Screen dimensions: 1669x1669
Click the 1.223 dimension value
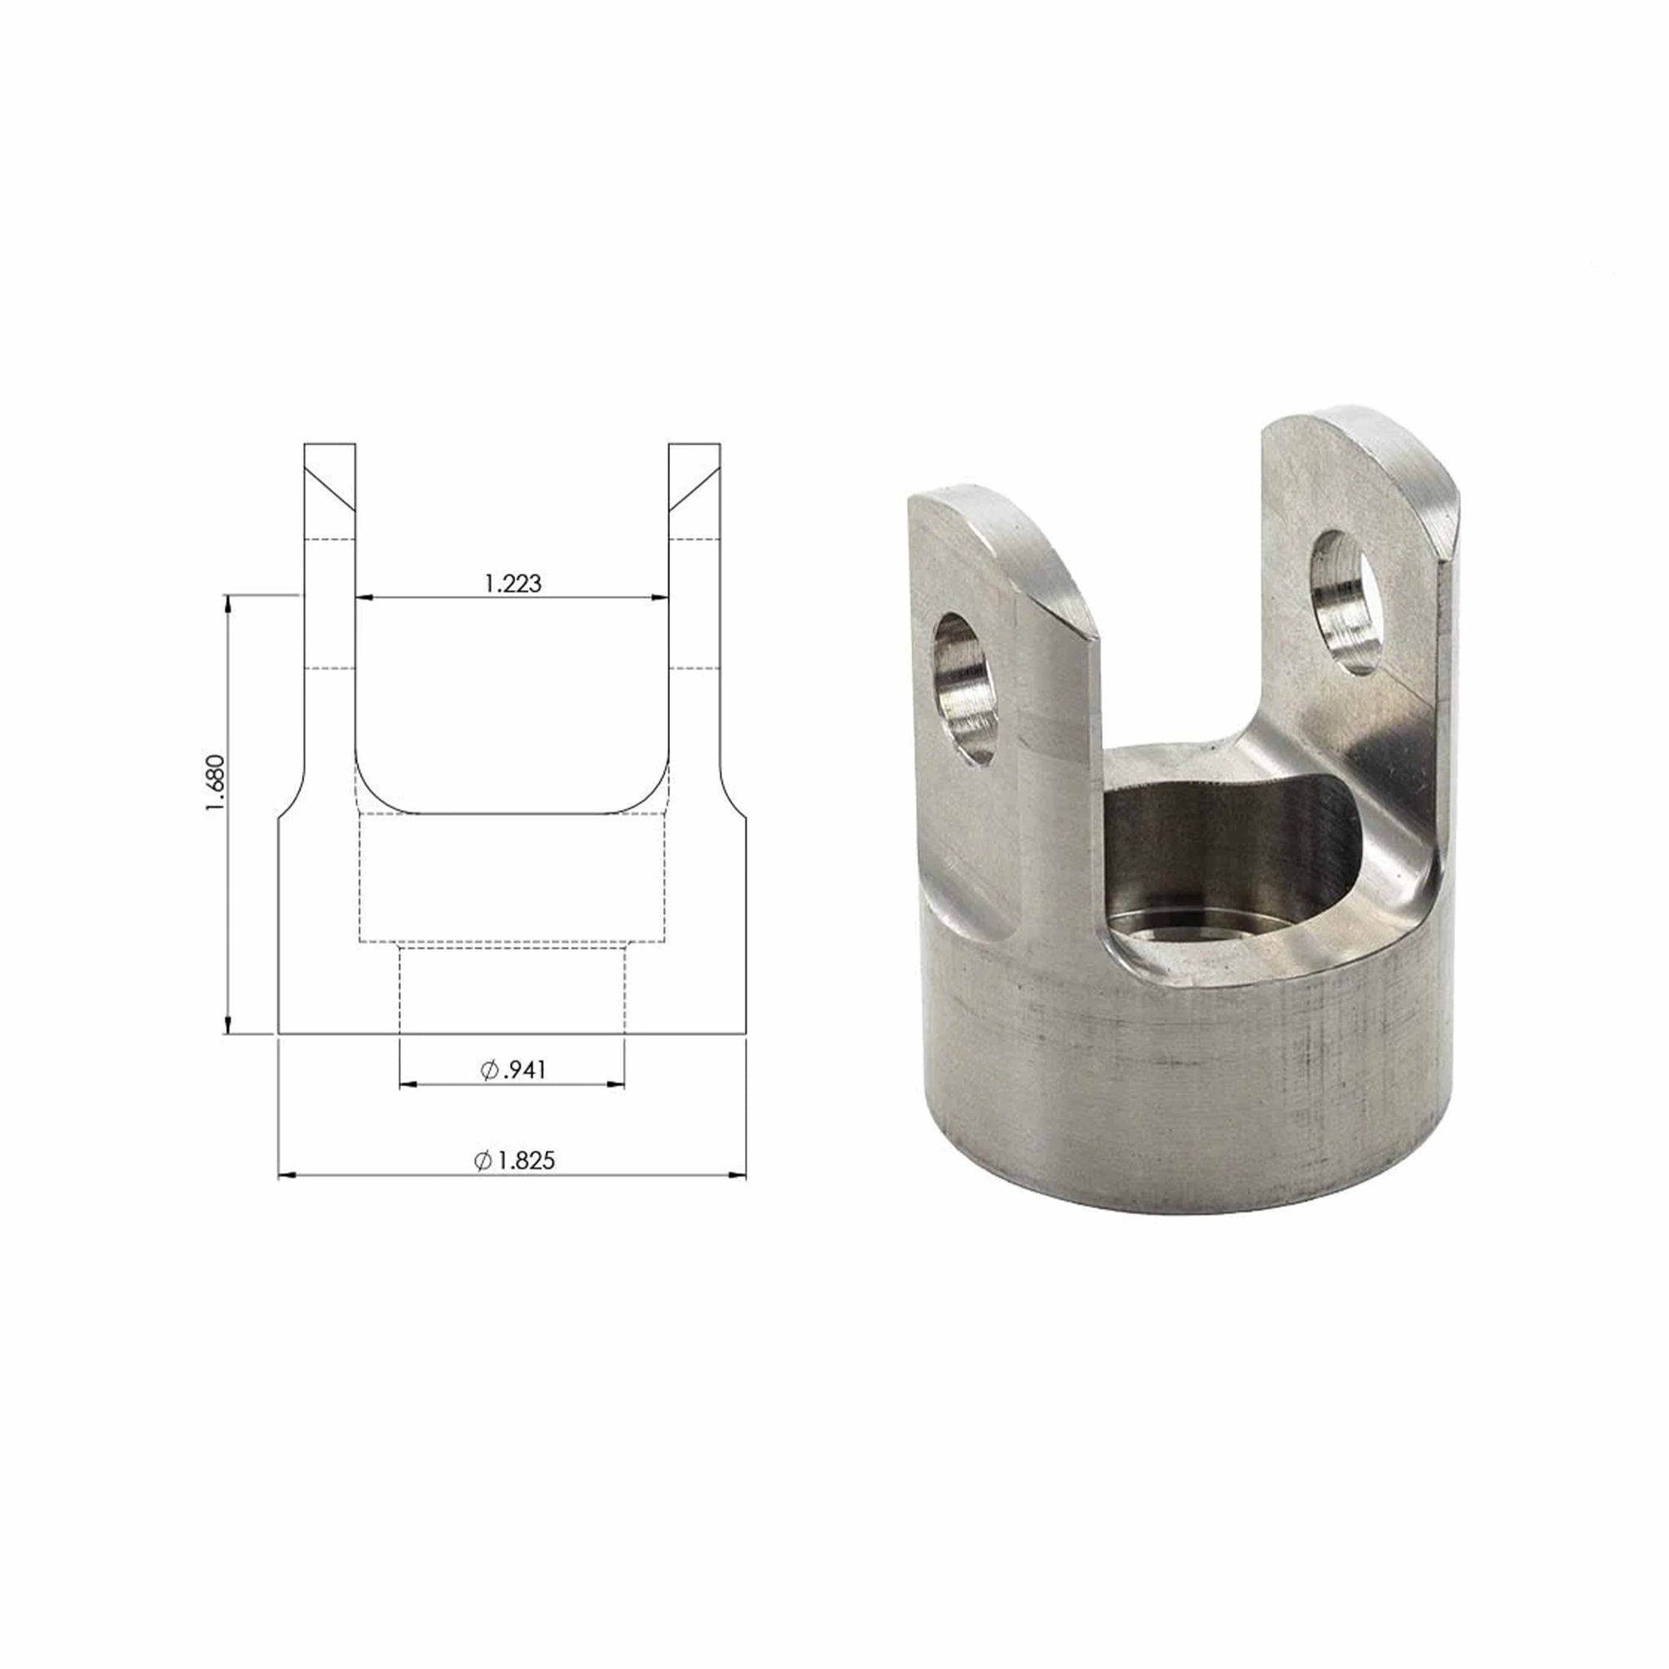coord(513,584)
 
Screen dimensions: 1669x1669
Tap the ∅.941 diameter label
coord(513,1070)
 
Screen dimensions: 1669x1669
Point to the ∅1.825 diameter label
coord(515,1160)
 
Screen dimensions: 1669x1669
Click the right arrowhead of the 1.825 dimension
coord(738,1175)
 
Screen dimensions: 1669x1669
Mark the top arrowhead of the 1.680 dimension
coord(228,603)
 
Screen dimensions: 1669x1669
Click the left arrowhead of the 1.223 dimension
coord(363,597)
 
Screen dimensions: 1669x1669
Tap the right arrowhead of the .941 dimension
coord(616,1084)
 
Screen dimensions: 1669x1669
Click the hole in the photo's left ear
coord(966,688)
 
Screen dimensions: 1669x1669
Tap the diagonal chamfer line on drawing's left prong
coord(330,487)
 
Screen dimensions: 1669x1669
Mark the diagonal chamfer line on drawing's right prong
coord(694,487)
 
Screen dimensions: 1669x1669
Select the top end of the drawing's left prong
coord(330,446)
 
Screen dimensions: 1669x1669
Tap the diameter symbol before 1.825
coord(483,1161)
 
